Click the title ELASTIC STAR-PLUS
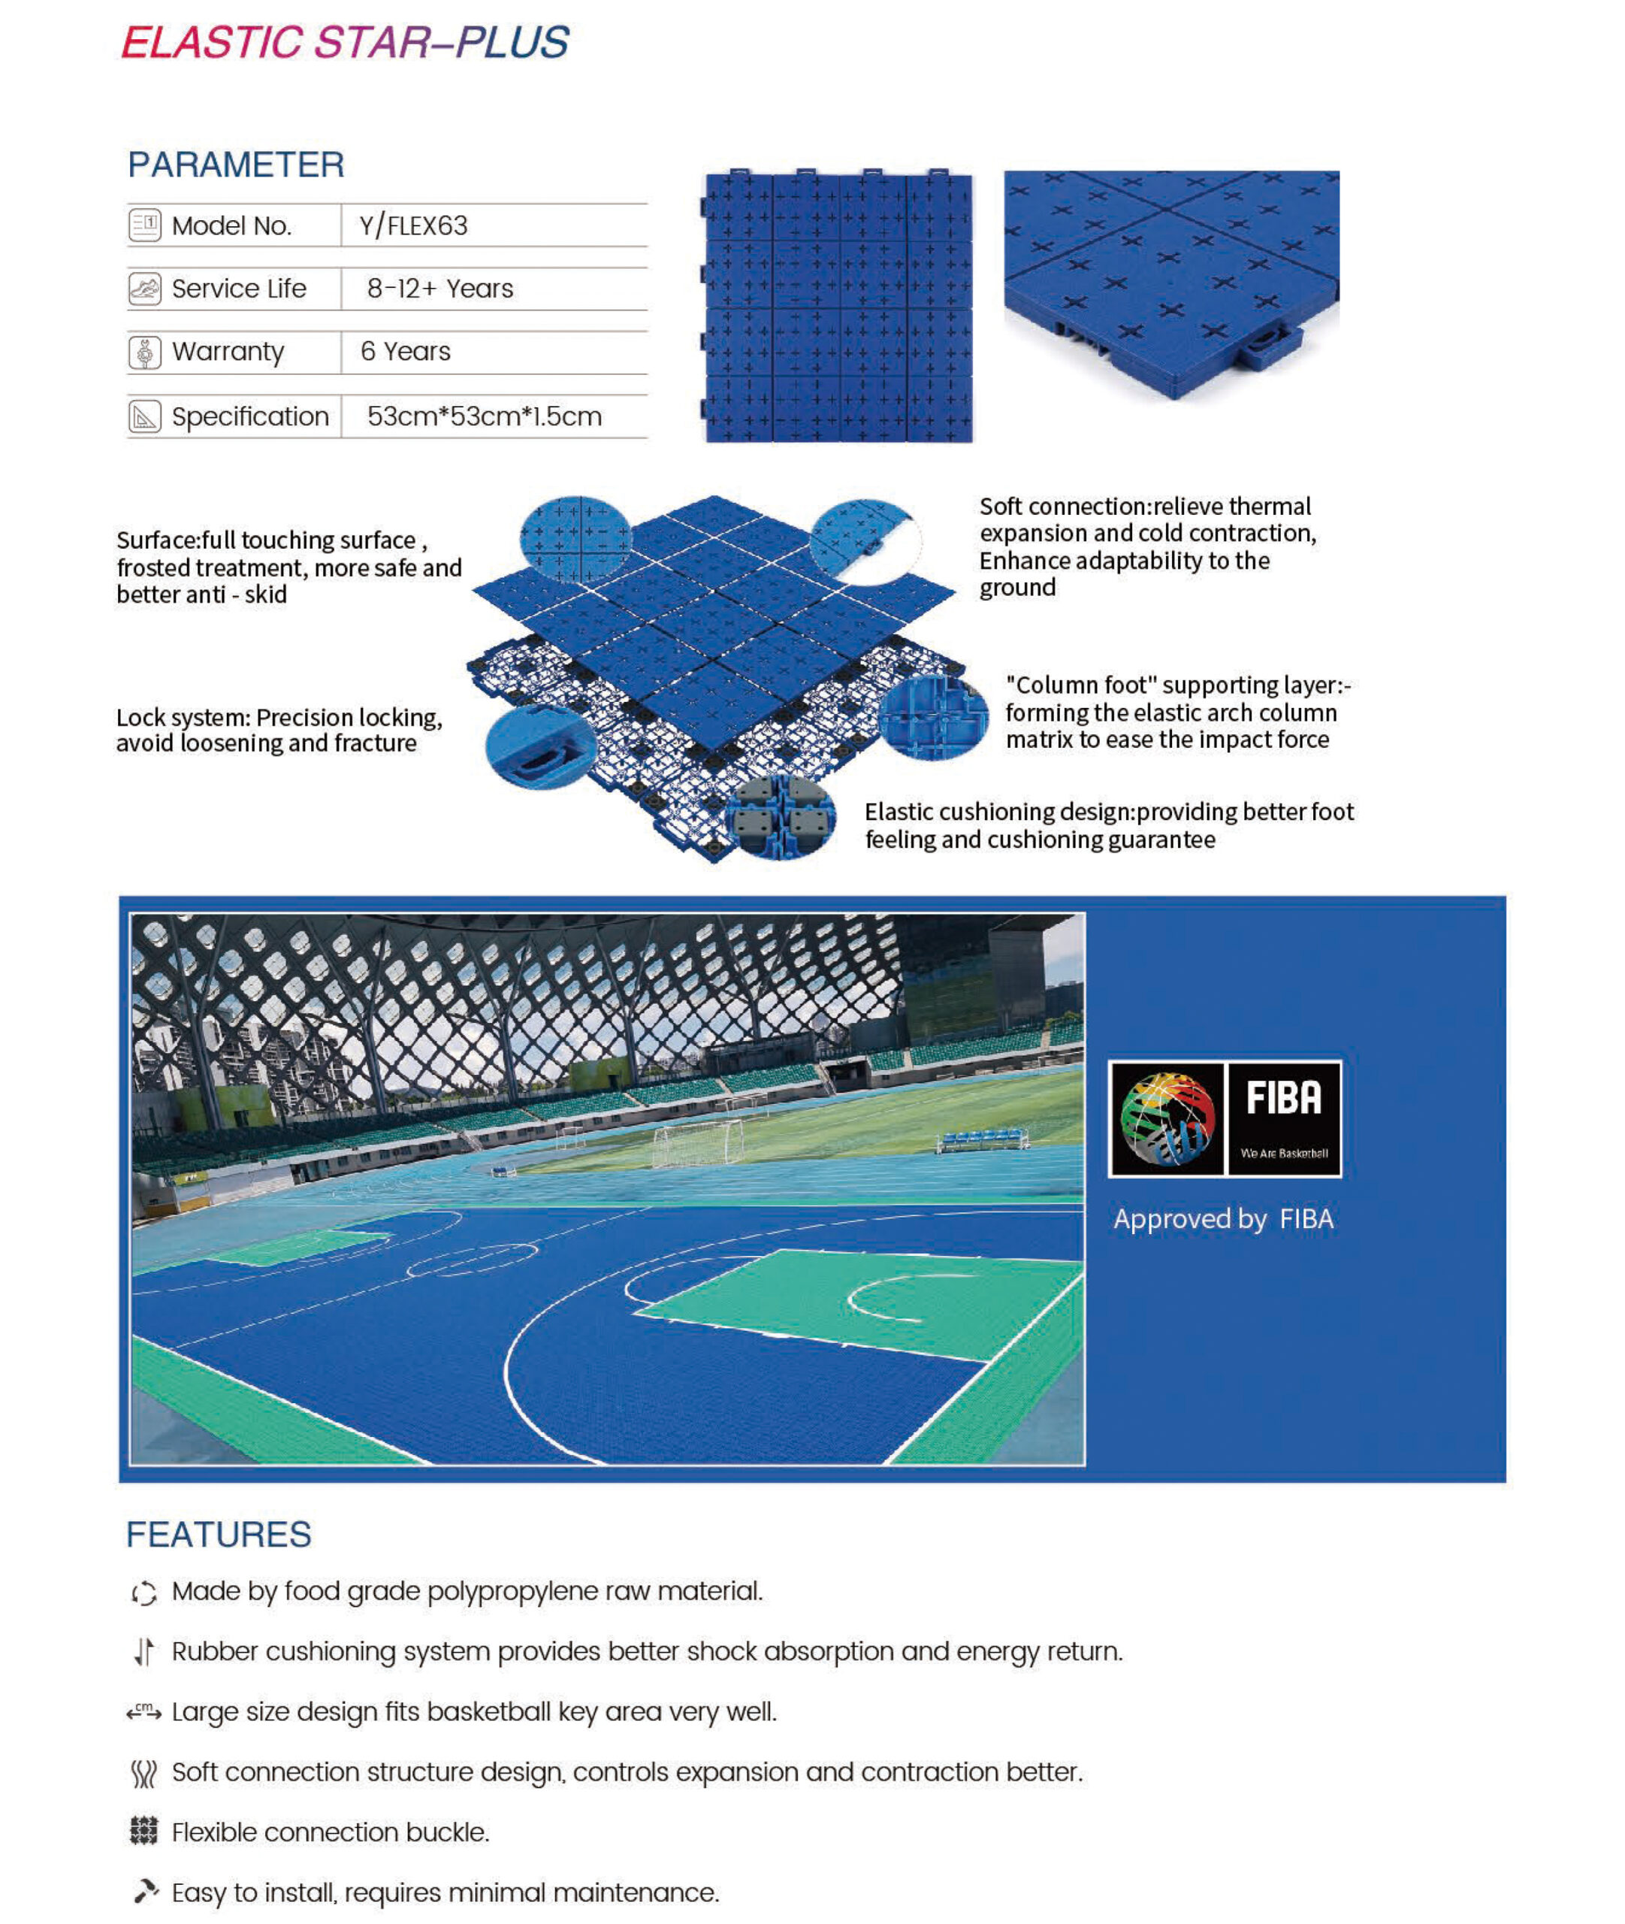[x=345, y=42]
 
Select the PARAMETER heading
[x=236, y=165]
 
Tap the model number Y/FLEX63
[x=414, y=225]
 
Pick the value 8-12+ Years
[x=439, y=289]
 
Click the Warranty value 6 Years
[x=406, y=351]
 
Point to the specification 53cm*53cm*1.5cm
[x=484, y=416]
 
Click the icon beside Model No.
[x=145, y=225]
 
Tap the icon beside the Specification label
[x=145, y=416]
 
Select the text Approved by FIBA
[x=1222, y=1219]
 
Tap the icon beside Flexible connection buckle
[x=143, y=1832]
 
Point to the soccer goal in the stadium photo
[x=697, y=1142]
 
